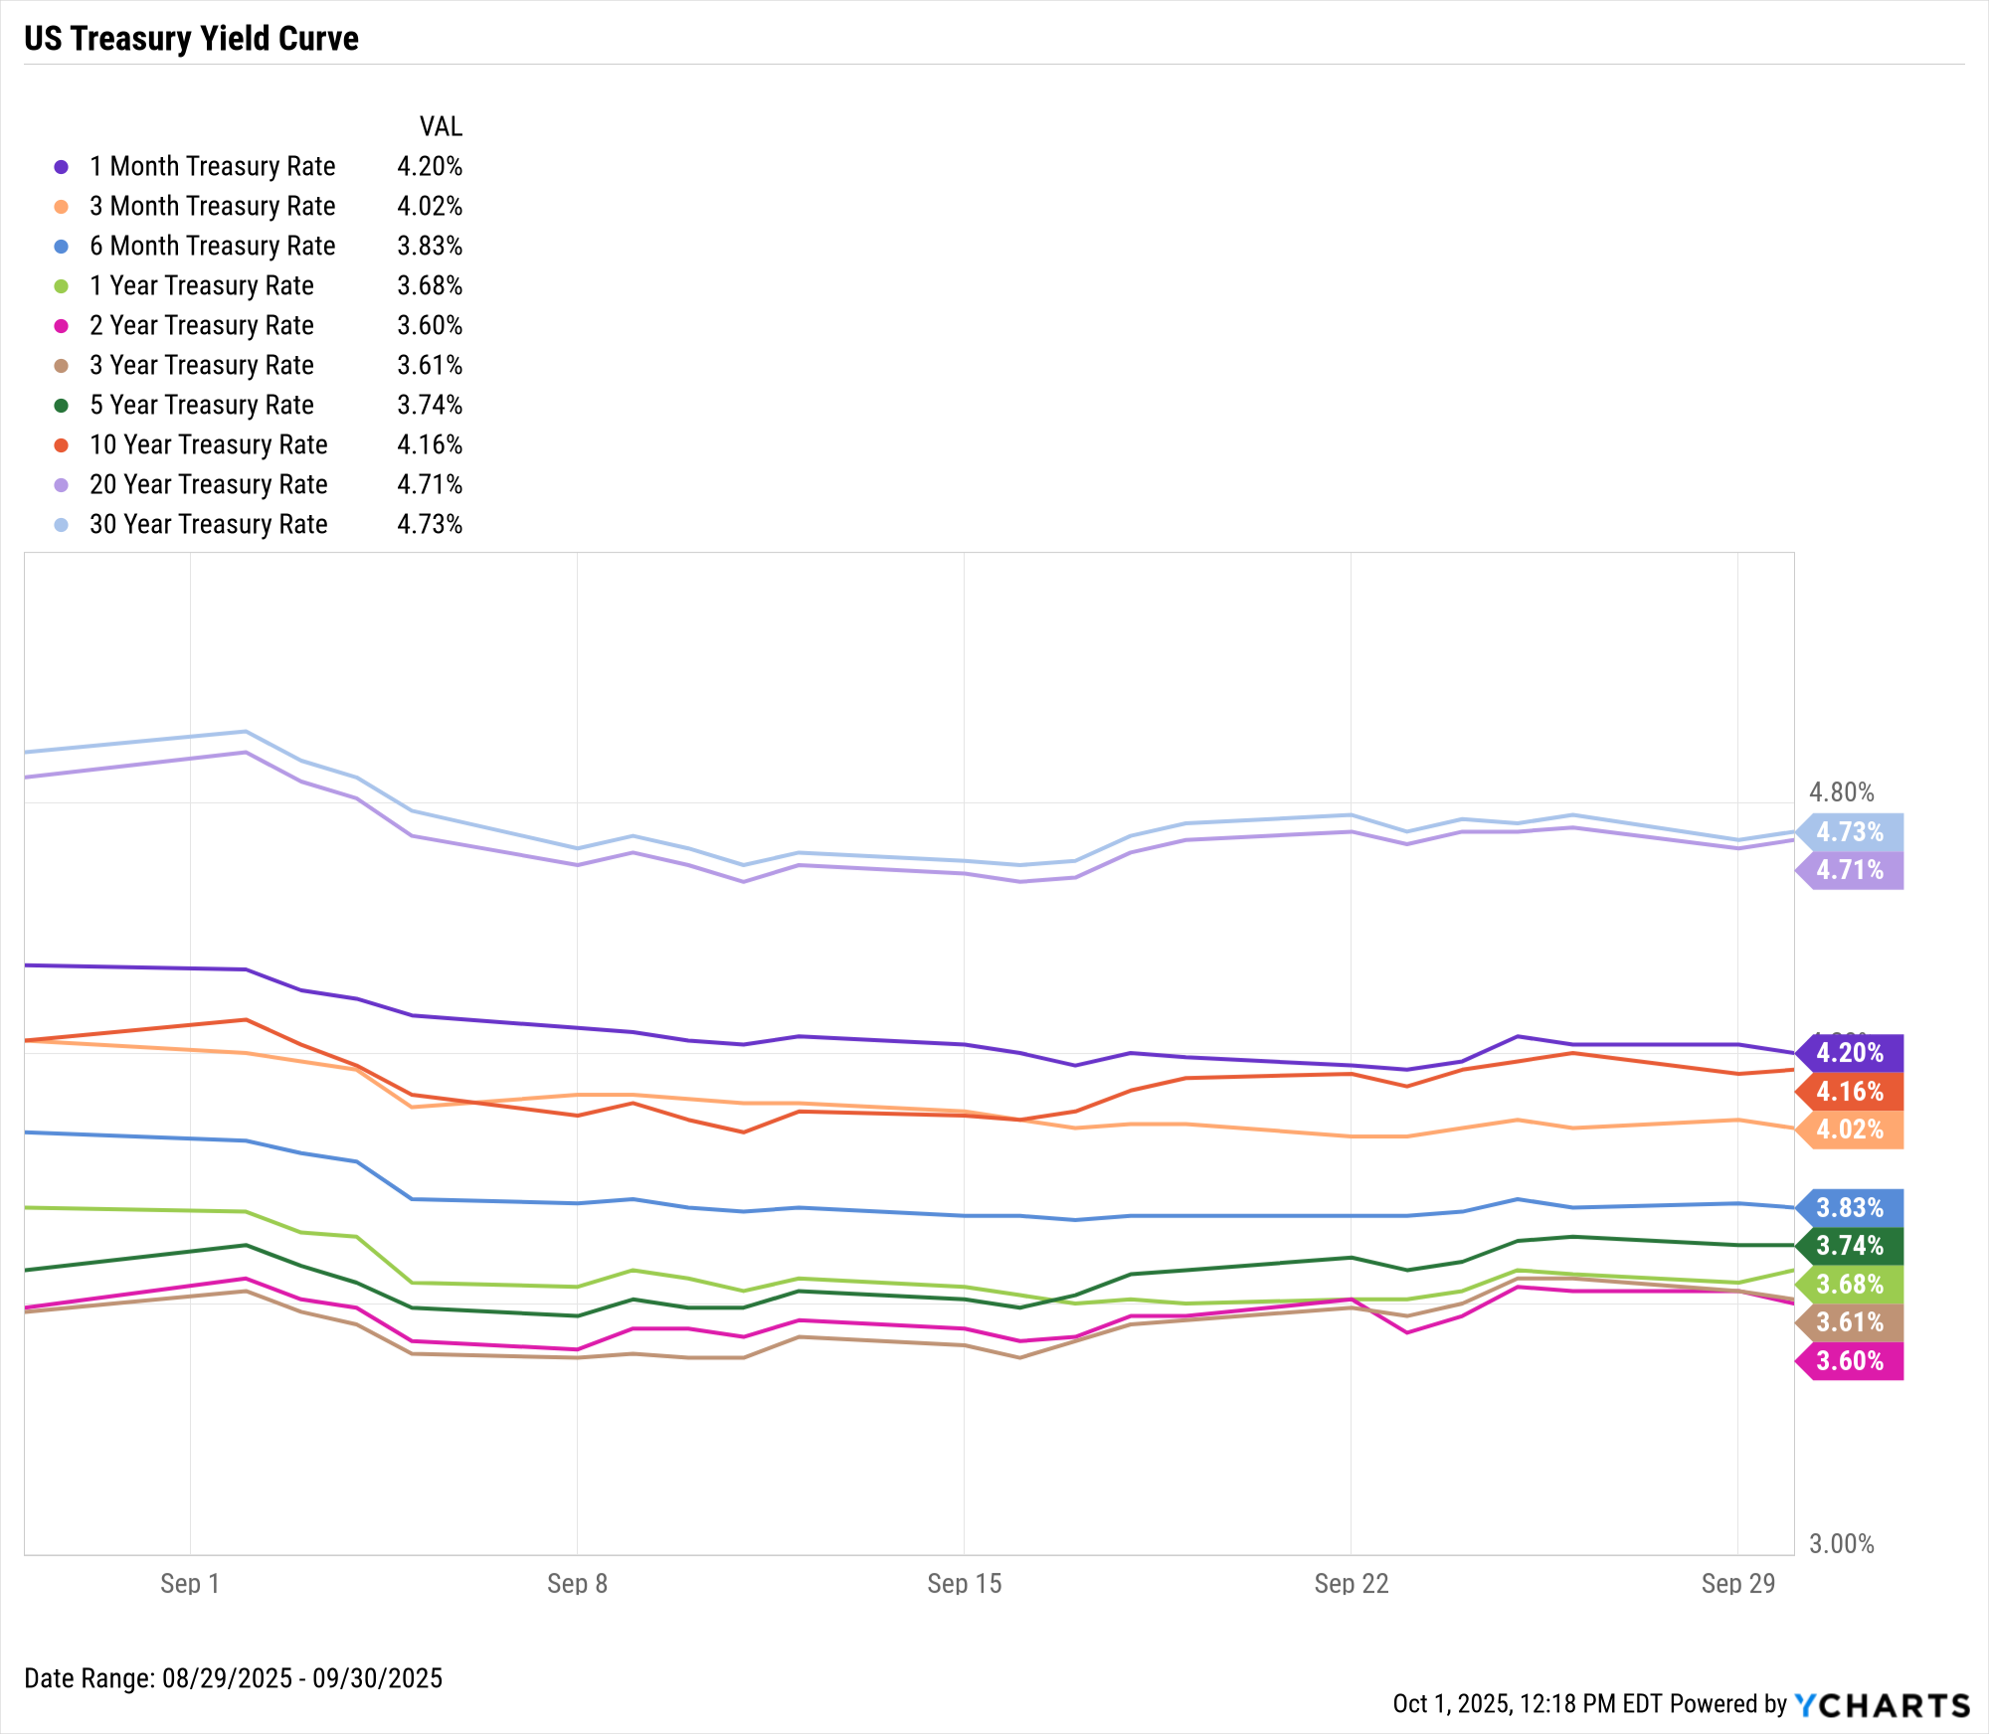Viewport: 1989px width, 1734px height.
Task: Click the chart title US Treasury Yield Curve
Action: coord(191,39)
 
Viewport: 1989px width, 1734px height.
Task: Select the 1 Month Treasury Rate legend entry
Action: coord(212,166)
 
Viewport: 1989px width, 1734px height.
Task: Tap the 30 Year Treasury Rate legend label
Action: coord(208,524)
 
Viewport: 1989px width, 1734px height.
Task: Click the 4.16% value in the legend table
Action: coord(430,444)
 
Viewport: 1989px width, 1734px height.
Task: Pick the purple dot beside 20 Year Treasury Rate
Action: coord(62,485)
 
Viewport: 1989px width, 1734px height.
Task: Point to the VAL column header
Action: coord(441,126)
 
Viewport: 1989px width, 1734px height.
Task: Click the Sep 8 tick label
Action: coord(577,1584)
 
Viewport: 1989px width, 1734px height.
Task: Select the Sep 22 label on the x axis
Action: coord(1351,1584)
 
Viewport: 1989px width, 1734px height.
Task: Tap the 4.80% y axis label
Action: coord(1841,792)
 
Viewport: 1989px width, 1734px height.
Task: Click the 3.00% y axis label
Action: coord(1841,1544)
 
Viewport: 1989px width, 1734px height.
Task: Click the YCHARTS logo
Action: coord(1882,1705)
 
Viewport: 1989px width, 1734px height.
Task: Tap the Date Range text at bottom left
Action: coord(233,1678)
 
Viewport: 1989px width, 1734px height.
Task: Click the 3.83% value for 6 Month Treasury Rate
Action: coord(430,246)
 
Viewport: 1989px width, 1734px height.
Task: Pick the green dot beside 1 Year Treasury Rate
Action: coord(62,286)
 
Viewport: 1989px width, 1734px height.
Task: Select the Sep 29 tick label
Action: coord(1737,1584)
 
